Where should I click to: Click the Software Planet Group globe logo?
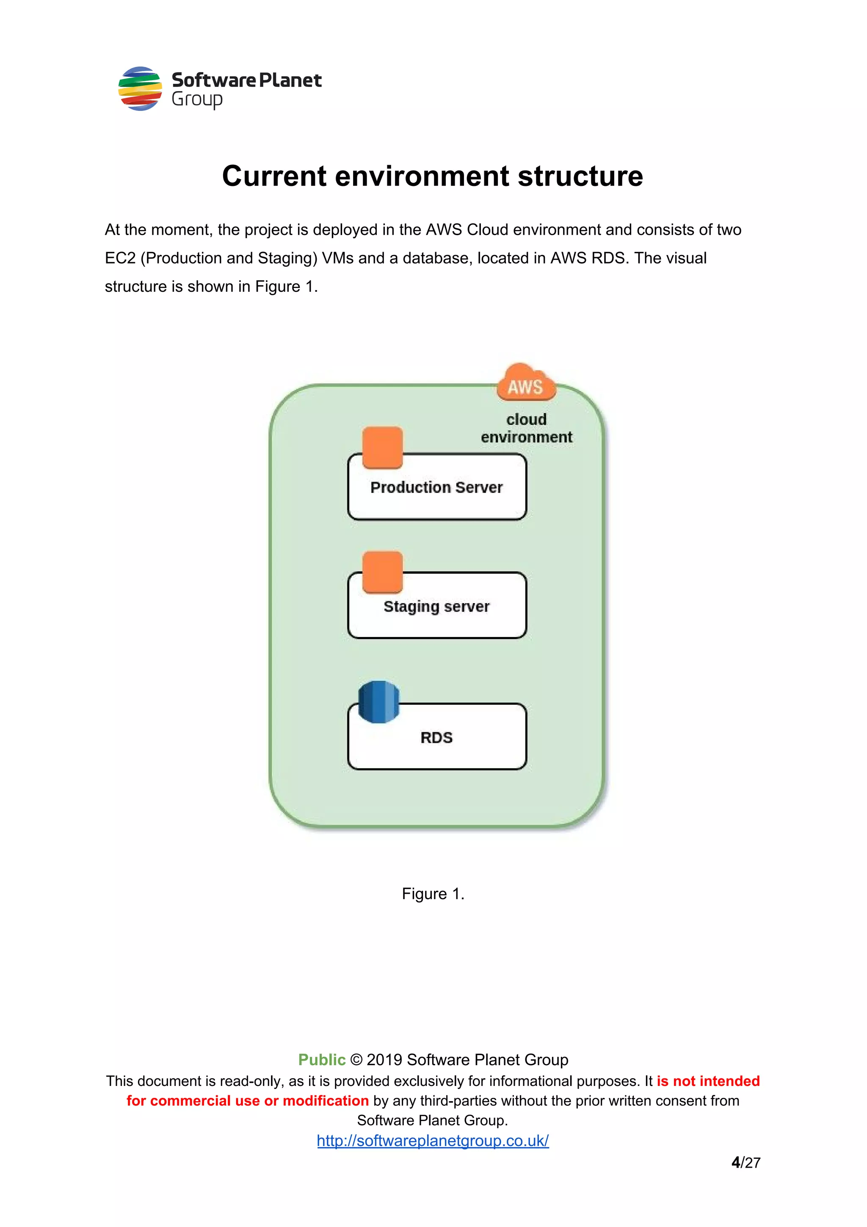[x=140, y=89]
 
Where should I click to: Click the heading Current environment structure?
[x=433, y=176]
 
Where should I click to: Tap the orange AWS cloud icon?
[x=526, y=382]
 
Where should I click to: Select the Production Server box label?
[x=436, y=487]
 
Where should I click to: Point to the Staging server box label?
[x=436, y=607]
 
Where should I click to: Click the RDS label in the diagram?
[x=436, y=737]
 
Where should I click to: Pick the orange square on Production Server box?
[x=382, y=447]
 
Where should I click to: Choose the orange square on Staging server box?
[x=382, y=572]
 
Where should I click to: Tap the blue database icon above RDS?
[x=379, y=702]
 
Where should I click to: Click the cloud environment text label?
[x=526, y=428]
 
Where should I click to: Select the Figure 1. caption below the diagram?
[x=433, y=894]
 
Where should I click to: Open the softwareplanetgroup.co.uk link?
[x=433, y=1141]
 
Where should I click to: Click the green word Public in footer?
[x=322, y=1060]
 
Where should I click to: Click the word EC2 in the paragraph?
[x=120, y=258]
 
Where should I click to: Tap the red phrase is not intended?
[x=708, y=1081]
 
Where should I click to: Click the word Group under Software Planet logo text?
[x=196, y=100]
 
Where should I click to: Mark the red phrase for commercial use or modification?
[x=247, y=1101]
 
